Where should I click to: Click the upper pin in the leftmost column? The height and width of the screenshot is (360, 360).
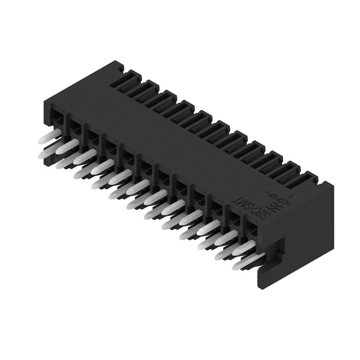coord(48,137)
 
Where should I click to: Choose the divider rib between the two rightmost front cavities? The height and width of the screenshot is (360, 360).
coord(243,225)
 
